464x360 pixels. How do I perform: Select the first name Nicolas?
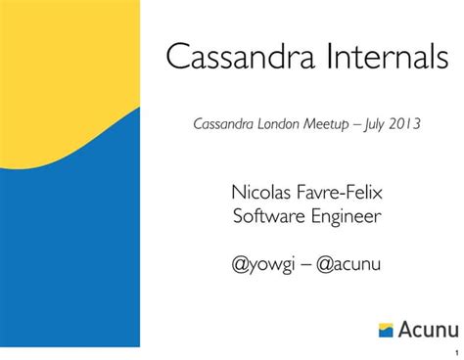(x=260, y=190)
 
